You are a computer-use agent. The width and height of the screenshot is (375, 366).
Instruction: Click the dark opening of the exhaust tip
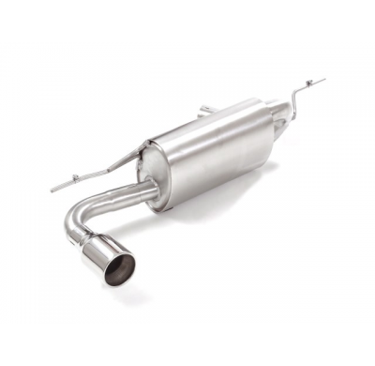tap(118, 269)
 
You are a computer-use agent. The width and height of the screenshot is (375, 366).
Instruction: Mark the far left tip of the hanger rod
tap(52, 191)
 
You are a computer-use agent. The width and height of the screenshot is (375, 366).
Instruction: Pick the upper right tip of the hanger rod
tap(323, 81)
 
